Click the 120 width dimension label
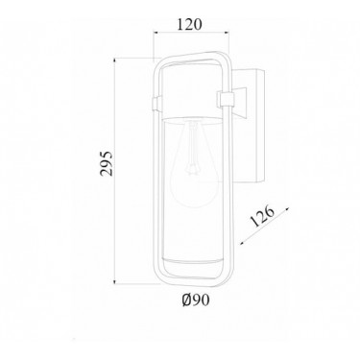190,24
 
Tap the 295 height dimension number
107,163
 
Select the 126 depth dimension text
262,216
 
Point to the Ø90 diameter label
196,300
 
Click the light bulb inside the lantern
196,165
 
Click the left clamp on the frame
156,104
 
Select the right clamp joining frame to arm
226,99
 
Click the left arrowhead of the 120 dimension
156,32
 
